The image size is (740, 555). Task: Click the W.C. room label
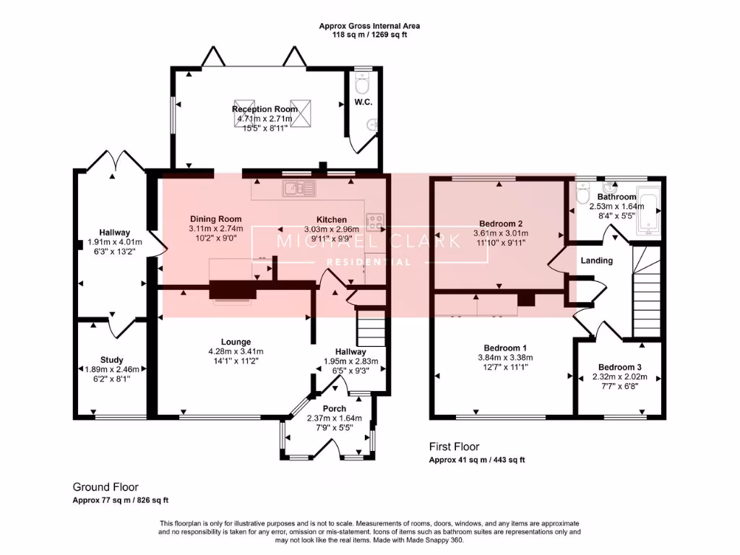[362, 102]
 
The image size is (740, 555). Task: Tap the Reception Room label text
[264, 109]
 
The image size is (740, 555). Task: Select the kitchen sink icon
[300, 189]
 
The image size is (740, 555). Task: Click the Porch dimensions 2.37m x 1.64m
[334, 418]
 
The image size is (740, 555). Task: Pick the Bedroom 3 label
[619, 366]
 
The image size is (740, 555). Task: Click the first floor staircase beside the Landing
[647, 293]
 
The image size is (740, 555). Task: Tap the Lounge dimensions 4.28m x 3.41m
[236, 351]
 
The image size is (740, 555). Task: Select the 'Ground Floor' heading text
[106, 487]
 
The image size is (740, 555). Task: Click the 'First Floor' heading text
[454, 447]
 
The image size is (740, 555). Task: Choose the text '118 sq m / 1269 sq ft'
[369, 34]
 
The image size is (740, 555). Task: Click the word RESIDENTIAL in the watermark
[369, 262]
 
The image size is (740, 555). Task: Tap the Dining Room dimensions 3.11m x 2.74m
[215, 228]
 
